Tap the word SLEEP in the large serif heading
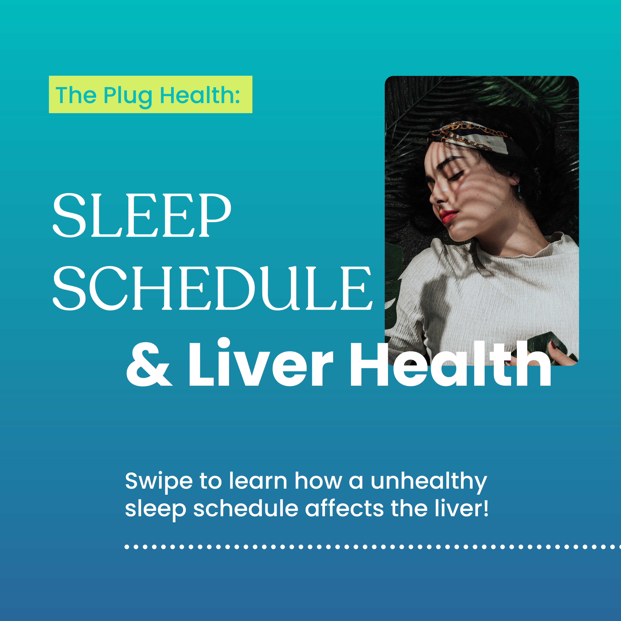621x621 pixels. point(142,215)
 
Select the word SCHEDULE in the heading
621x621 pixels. point(213,288)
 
